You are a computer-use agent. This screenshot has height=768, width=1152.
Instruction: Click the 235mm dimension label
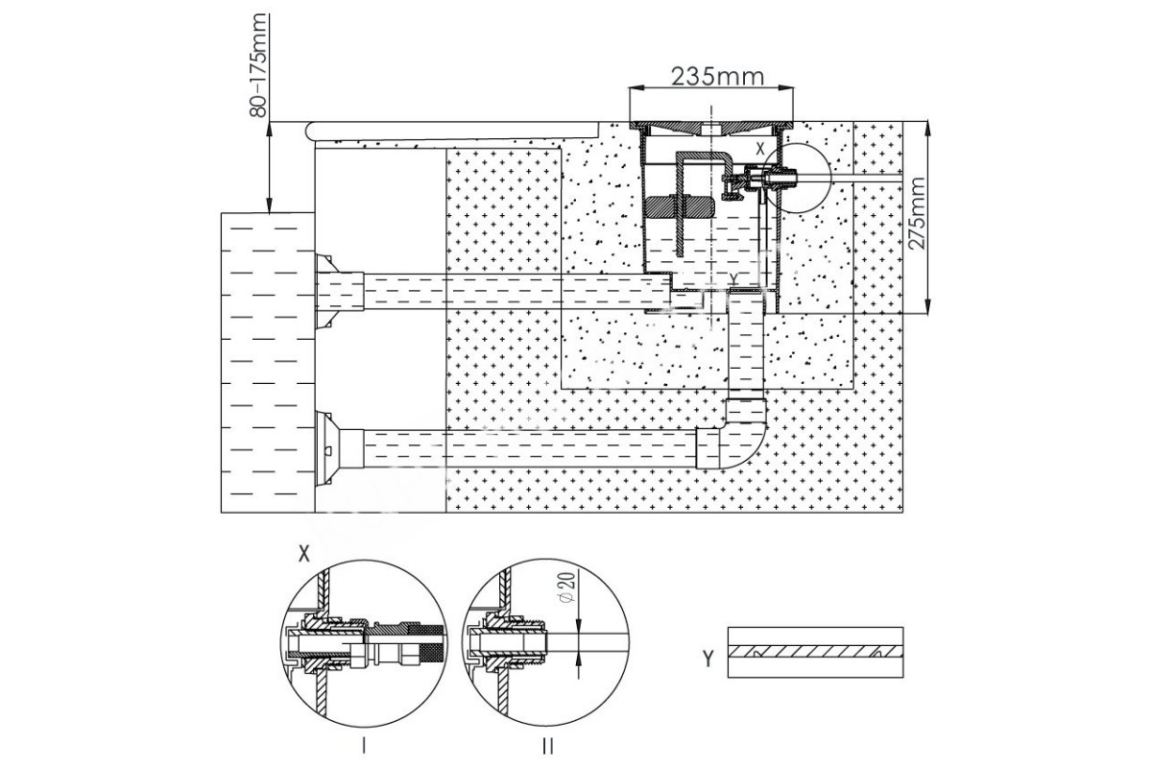pyautogui.click(x=717, y=77)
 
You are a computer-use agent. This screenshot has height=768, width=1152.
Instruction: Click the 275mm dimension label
pyautogui.click(x=917, y=213)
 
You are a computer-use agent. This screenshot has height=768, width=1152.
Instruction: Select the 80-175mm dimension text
pyautogui.click(x=258, y=65)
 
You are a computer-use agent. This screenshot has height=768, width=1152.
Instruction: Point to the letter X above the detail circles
pyautogui.click(x=304, y=554)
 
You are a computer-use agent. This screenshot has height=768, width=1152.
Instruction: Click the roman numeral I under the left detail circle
pyautogui.click(x=364, y=745)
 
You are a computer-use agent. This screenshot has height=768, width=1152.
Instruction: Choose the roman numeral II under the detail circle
pyautogui.click(x=548, y=745)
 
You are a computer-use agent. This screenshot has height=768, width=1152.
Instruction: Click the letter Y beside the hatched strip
pyautogui.click(x=708, y=658)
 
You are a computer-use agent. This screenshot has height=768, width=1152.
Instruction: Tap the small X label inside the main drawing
pyautogui.click(x=760, y=149)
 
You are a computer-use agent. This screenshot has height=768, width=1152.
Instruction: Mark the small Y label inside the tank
pyautogui.click(x=734, y=278)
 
